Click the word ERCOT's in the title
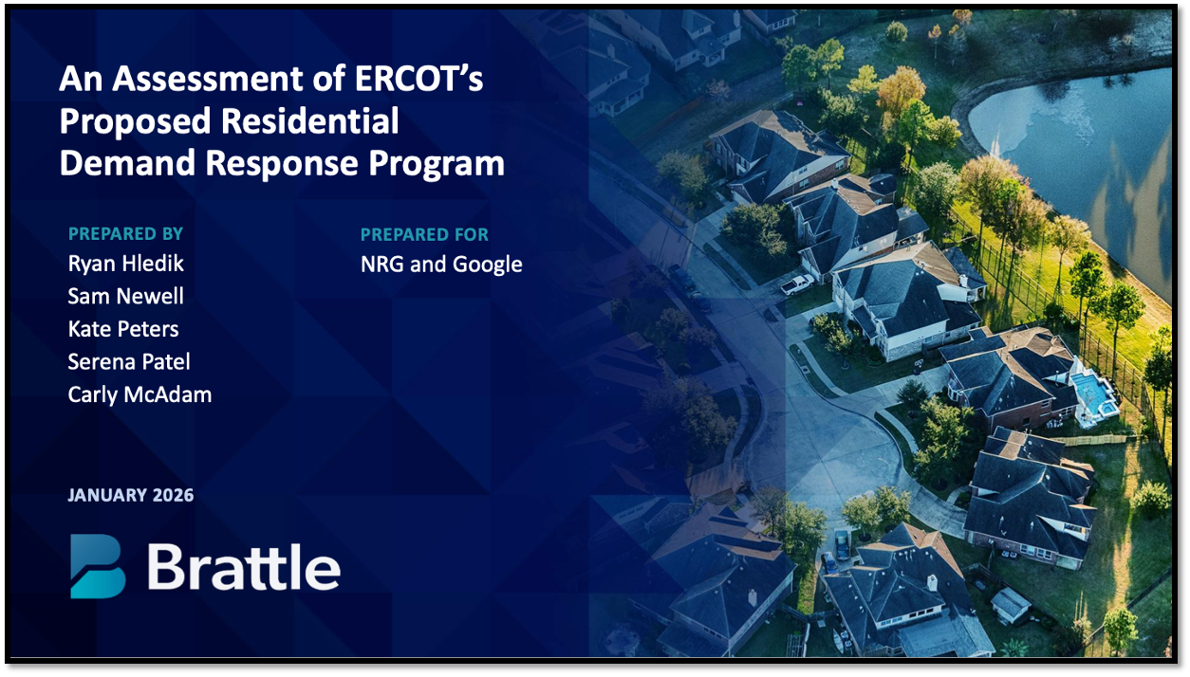418,79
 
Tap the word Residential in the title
309,121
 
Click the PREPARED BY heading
125,233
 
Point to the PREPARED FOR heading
424,234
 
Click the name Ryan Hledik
126,264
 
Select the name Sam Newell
126,296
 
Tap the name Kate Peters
123,329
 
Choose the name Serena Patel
129,361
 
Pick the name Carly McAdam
139,395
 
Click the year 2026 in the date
173,495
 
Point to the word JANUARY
107,495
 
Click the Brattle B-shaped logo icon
98,566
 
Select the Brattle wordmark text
244,567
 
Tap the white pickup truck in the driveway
797,284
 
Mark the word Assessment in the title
208,79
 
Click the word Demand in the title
127,162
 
